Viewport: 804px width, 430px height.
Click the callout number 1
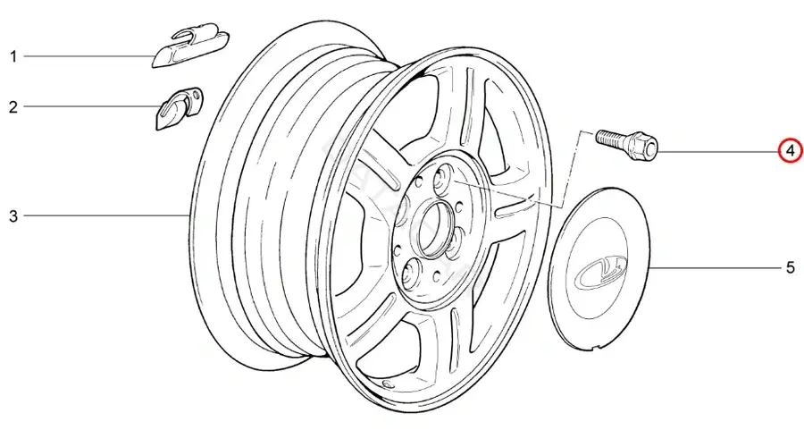click(x=13, y=56)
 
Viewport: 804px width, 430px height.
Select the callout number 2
click(x=13, y=106)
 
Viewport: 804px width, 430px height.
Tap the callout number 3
click(x=13, y=216)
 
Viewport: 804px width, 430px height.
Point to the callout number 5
click(x=791, y=267)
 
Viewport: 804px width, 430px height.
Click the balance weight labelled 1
click(x=191, y=49)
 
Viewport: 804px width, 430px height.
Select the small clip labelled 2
click(x=179, y=107)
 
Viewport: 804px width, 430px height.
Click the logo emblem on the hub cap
click(x=601, y=268)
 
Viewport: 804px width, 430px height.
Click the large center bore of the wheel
click(x=434, y=228)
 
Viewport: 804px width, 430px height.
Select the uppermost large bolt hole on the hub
click(x=442, y=177)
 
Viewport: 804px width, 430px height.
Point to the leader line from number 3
click(x=106, y=215)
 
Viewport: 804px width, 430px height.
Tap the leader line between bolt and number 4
click(x=717, y=151)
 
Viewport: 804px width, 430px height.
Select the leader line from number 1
click(x=88, y=56)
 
